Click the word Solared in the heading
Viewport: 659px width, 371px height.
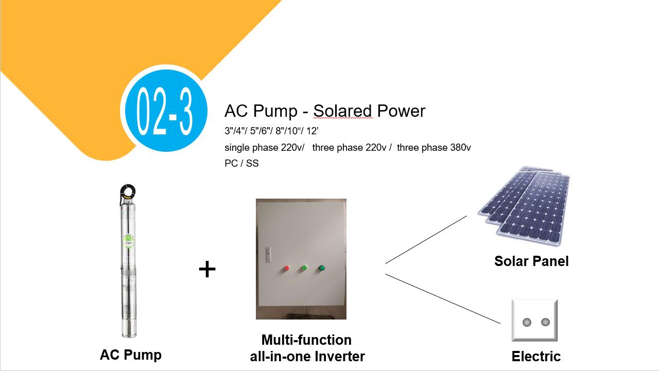342,111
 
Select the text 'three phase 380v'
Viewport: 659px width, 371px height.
433,148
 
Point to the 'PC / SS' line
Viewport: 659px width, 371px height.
241,164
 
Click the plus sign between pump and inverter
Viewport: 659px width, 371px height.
207,269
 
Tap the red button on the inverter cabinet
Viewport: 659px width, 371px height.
286,268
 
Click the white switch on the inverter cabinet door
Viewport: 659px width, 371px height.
267,253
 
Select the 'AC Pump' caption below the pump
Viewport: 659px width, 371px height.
131,355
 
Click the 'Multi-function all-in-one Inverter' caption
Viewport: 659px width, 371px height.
307,348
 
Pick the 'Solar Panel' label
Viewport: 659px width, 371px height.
531,261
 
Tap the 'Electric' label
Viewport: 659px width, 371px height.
536,356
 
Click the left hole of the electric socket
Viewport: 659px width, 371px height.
527,322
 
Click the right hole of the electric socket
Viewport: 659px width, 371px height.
545,322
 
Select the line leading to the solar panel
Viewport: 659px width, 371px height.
426,240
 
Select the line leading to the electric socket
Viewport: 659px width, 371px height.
443,298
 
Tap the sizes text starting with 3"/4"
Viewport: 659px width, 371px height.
271,131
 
